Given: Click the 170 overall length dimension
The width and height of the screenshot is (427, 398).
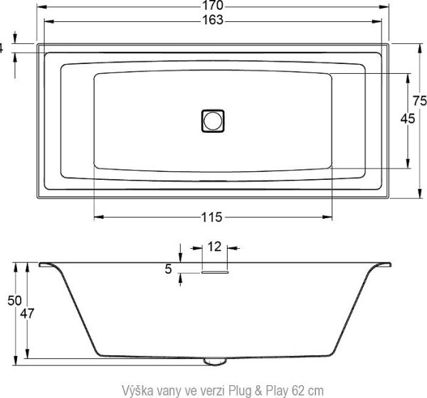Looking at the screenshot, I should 213,6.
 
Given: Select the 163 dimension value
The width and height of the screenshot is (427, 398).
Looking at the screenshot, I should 213,21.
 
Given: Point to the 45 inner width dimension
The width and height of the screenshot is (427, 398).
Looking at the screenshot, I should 408,119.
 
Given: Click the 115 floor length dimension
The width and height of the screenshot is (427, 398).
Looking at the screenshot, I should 213,217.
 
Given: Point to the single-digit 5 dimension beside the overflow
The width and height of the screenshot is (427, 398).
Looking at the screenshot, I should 168,269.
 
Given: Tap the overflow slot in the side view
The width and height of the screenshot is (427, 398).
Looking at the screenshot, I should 213,270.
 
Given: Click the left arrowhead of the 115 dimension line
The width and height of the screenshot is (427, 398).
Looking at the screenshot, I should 98,217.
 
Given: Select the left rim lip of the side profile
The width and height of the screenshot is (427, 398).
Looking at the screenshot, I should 48,265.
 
